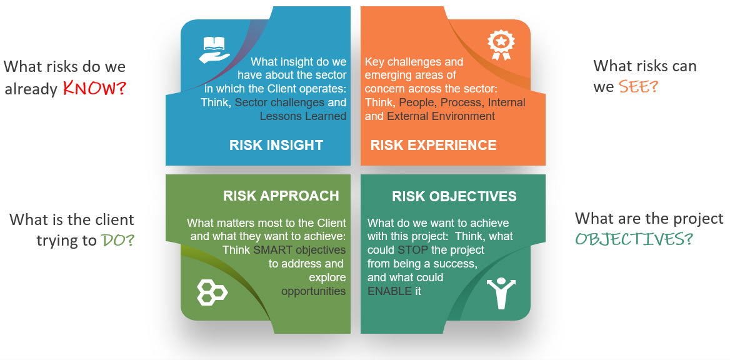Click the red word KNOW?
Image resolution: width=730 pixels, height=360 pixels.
[x=94, y=89]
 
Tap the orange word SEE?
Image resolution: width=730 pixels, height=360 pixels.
[x=638, y=87]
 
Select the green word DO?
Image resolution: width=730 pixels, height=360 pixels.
[x=117, y=241]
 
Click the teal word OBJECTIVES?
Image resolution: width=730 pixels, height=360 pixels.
[x=634, y=239]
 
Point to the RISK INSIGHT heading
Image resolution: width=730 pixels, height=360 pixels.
[x=276, y=146]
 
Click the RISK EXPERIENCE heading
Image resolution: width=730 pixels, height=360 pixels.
[x=433, y=146]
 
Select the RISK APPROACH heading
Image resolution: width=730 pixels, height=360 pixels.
[x=281, y=196]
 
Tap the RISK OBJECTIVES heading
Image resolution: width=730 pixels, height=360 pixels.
[x=454, y=196]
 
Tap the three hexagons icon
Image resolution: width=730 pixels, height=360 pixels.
[x=212, y=292]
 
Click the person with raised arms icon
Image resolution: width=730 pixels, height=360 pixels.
[x=501, y=292]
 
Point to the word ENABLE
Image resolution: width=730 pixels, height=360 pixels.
[x=389, y=291]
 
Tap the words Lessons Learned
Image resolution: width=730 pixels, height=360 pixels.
[x=302, y=116]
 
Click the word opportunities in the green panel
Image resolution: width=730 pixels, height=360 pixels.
[x=313, y=291]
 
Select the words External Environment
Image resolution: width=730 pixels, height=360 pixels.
[x=441, y=116]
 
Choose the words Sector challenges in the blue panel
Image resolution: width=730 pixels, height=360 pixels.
[x=279, y=102]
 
